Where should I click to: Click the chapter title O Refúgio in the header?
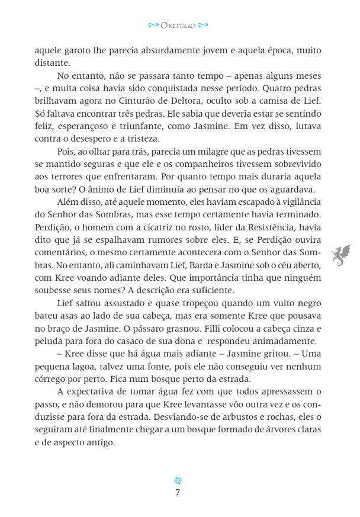pos(178,25)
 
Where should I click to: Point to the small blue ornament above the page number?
pos(178,480)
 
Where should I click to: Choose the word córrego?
pos(52,380)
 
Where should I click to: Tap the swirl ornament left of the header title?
pos(153,25)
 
